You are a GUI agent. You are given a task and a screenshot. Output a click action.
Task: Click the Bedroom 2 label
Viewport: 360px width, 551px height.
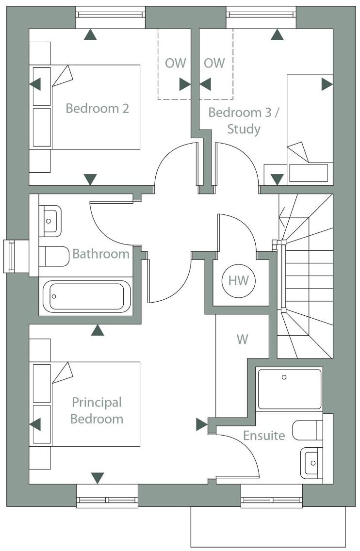point(97,108)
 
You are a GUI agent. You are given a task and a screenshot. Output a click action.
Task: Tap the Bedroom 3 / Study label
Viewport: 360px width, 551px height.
point(244,121)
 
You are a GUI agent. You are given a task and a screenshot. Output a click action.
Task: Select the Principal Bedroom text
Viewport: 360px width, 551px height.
point(97,410)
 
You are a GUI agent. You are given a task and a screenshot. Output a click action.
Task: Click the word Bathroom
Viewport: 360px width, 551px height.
point(101,254)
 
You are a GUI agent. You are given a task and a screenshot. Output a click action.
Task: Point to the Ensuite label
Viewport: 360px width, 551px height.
point(264,435)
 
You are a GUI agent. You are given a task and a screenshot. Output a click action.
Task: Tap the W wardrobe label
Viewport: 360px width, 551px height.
point(242,339)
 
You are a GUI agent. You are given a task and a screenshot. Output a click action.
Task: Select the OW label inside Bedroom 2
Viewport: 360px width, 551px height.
point(175,63)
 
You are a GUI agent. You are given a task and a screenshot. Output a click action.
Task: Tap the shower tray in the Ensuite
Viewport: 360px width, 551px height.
point(290,389)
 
